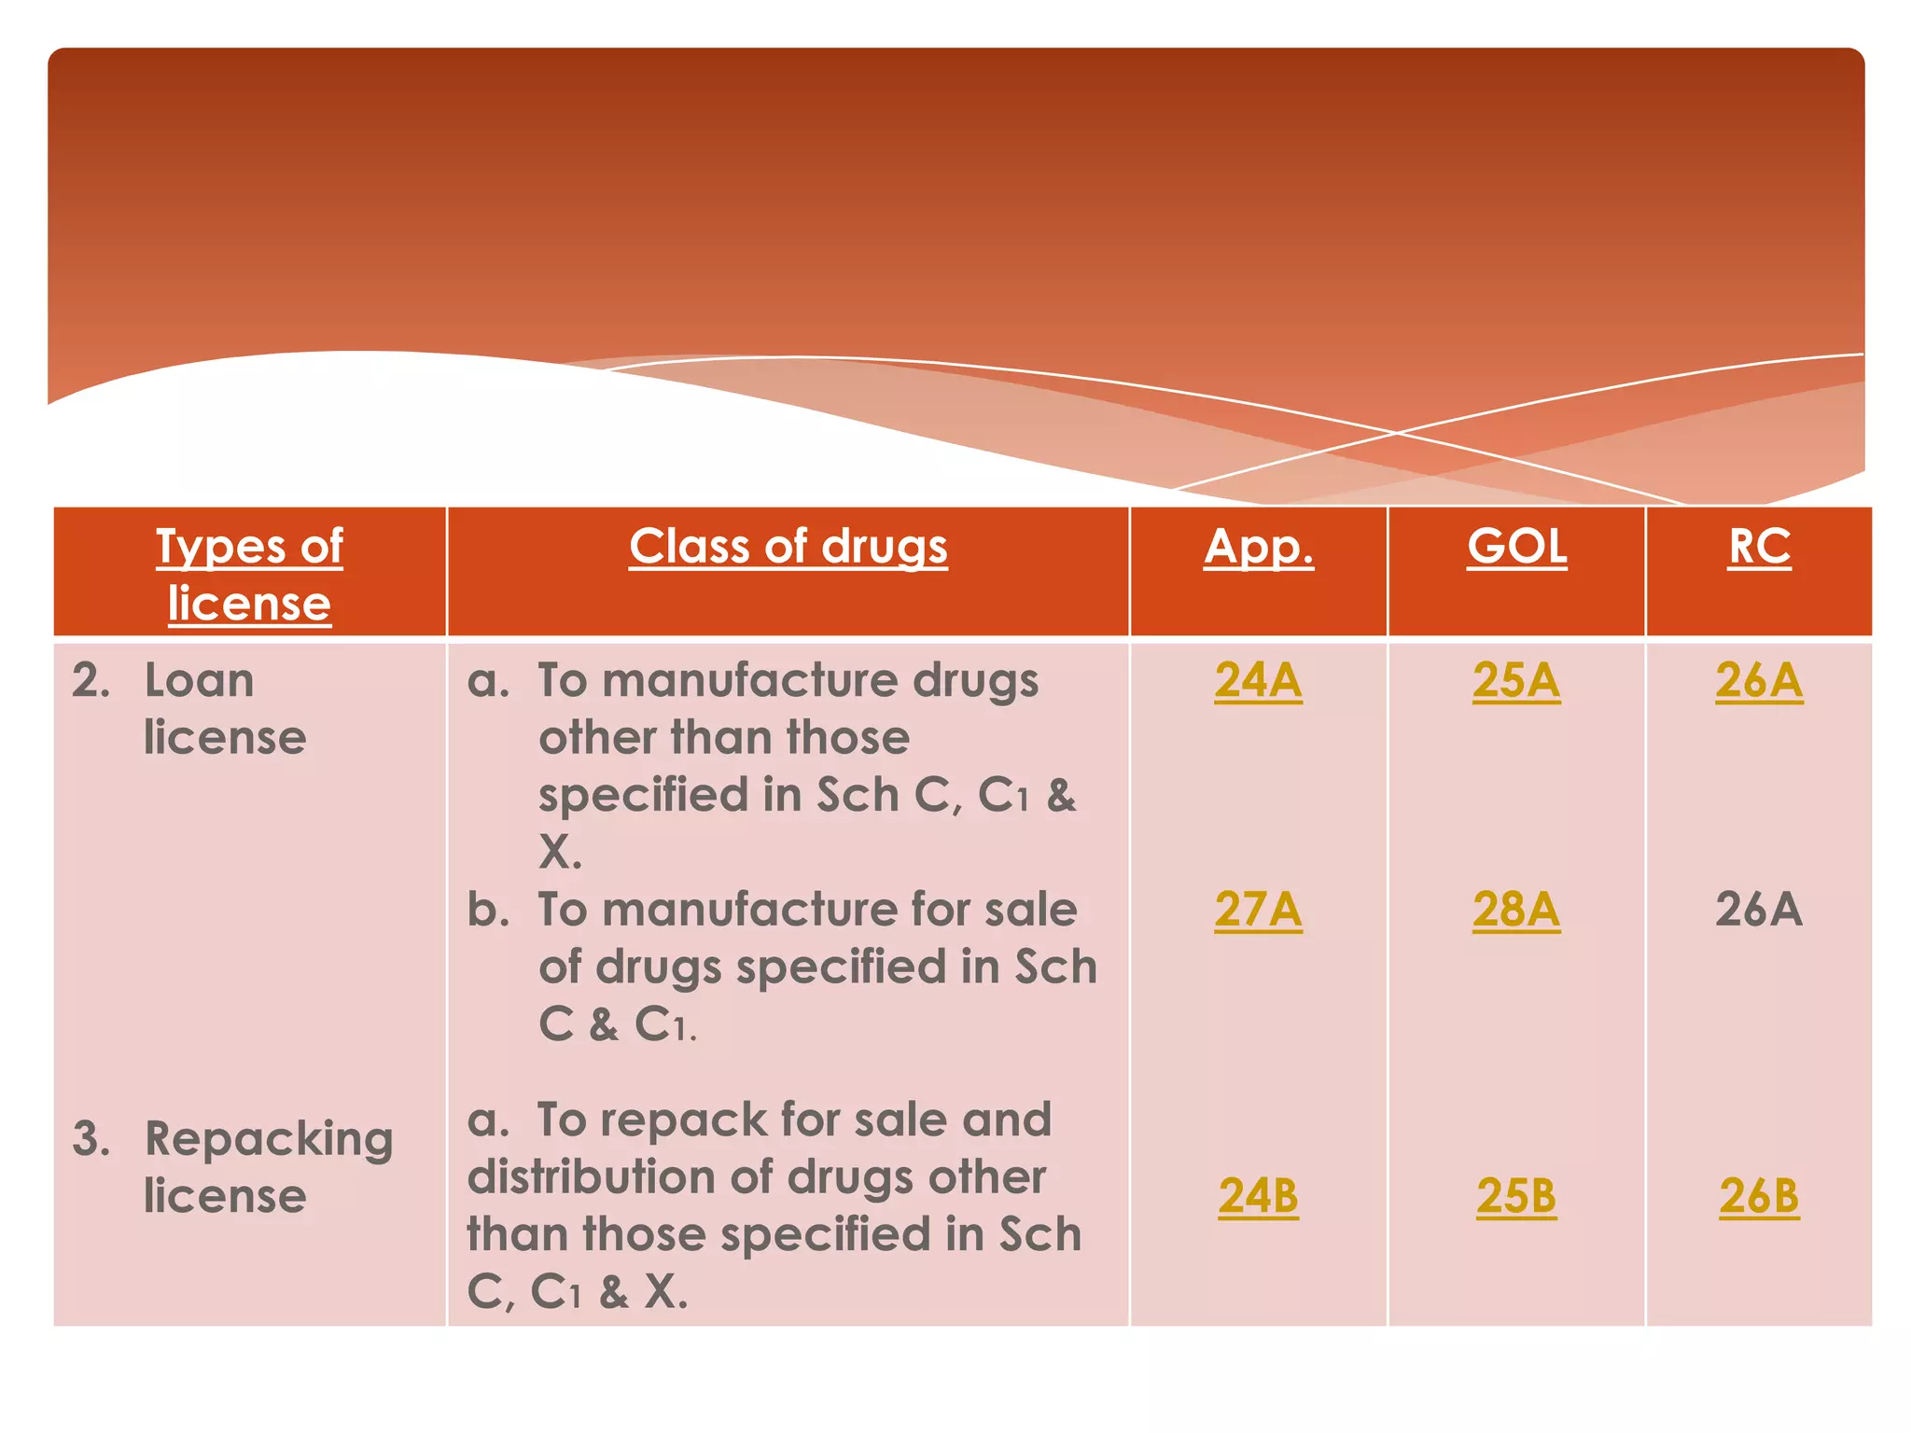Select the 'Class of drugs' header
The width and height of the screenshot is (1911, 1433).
click(x=788, y=547)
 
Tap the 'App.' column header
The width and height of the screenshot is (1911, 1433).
click(x=1258, y=547)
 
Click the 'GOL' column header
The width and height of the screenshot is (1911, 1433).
click(x=1516, y=547)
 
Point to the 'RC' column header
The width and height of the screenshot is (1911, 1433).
click(x=1758, y=547)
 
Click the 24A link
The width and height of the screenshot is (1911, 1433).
click(x=1258, y=680)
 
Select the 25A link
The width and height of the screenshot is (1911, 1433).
click(x=1516, y=680)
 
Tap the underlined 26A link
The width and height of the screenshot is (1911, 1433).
click(x=1758, y=680)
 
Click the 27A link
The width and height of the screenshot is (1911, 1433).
click(x=1258, y=910)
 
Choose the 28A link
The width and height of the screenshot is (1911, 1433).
click(x=1516, y=910)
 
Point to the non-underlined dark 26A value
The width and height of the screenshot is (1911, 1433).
click(x=1758, y=910)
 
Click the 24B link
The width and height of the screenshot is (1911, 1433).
click(x=1258, y=1196)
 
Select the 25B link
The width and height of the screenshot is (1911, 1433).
click(x=1516, y=1196)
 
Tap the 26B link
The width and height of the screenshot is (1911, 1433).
click(x=1758, y=1196)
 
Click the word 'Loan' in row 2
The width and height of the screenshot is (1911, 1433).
click(x=199, y=680)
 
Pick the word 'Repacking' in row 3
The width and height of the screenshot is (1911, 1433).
click(x=269, y=1140)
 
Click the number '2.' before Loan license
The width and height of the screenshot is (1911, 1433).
click(x=91, y=680)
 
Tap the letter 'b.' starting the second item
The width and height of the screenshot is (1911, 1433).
click(x=488, y=910)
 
